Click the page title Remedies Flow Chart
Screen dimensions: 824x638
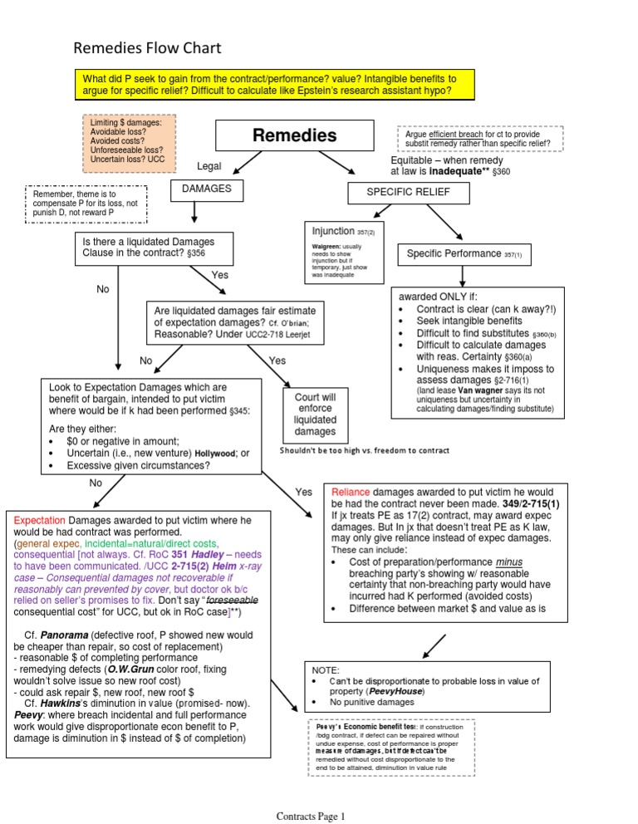pyautogui.click(x=148, y=49)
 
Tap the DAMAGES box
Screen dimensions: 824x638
pyautogui.click(x=200, y=190)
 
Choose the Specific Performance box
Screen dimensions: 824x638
pyautogui.click(x=465, y=253)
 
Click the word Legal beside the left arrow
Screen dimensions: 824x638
pyautogui.click(x=209, y=166)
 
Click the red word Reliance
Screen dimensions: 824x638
pyautogui.click(x=351, y=492)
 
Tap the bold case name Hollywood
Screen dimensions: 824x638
pyautogui.click(x=214, y=454)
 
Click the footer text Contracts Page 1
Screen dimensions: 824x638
pyautogui.click(x=310, y=817)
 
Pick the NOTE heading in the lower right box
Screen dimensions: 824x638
pyautogui.click(x=326, y=668)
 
